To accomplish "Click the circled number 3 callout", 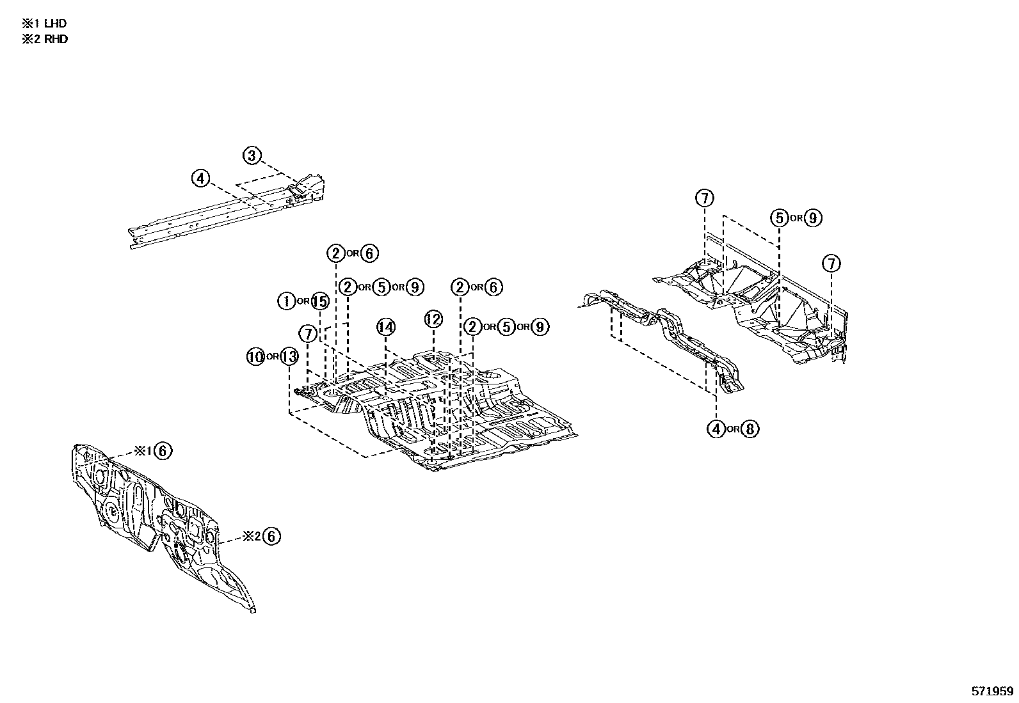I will (252, 155).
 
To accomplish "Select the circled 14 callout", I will (386, 328).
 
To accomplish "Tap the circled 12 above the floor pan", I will (433, 319).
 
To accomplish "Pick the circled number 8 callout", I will (750, 429).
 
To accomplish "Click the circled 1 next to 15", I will (286, 301).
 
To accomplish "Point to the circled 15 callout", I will (319, 301).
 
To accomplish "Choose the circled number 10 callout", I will (255, 357).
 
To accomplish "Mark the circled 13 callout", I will (289, 357).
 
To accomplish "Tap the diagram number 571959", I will (993, 691).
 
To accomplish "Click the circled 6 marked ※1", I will (163, 451).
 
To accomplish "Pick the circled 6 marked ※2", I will (271, 536).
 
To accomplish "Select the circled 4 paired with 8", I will (716, 429).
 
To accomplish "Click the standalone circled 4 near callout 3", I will (201, 178).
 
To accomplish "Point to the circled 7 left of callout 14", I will (308, 333).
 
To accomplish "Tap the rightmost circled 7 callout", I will (831, 263).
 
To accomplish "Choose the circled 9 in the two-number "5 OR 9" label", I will (812, 217).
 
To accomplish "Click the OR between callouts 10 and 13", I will (272, 357).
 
